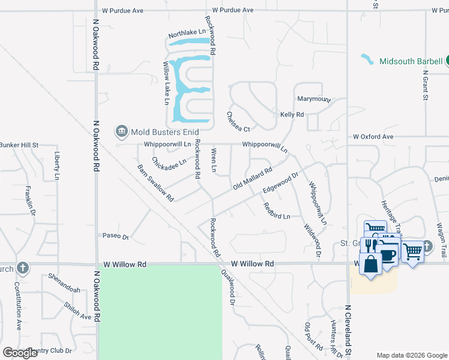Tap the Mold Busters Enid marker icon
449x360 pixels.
coord(121,131)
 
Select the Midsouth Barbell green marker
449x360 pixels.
coord(448,61)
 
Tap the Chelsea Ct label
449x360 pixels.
coord(238,122)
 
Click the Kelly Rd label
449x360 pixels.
coord(292,114)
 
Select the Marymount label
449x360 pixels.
coord(314,99)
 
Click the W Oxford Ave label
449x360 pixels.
coord(373,137)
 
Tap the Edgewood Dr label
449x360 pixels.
coord(280,183)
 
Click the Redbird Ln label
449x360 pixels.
coord(277,211)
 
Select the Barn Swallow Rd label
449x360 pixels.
coord(155,183)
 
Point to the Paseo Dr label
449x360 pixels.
coord(116,236)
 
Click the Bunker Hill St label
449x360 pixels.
coord(19,145)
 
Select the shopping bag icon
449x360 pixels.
coord(370,263)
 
